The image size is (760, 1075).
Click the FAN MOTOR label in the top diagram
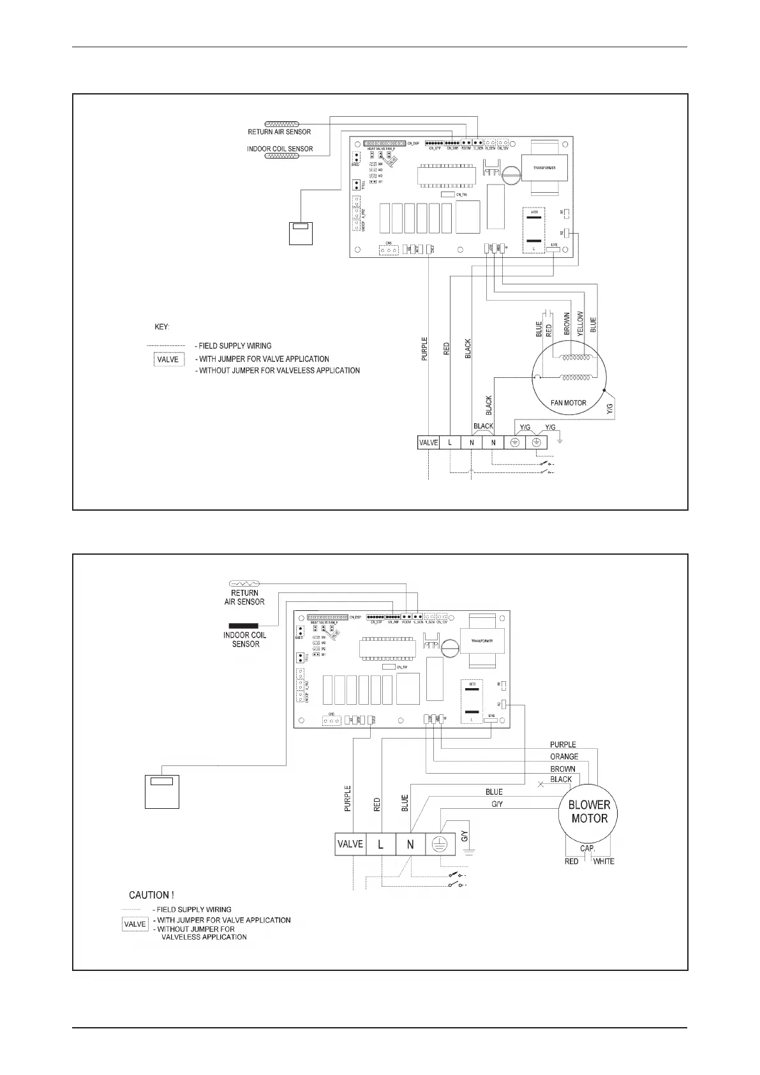point(568,403)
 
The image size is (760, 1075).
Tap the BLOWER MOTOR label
point(589,811)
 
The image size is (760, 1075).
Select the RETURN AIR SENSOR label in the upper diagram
point(279,132)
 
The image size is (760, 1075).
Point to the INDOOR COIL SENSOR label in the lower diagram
point(245,640)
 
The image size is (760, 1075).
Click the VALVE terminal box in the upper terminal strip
point(428,442)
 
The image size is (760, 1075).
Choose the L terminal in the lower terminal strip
point(380,844)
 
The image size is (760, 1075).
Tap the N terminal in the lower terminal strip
point(410,844)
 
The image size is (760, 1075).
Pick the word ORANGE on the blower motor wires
point(564,756)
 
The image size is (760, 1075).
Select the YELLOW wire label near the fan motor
point(580,324)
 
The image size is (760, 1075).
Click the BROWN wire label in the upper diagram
point(567,324)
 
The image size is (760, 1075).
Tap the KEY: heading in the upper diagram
point(162,327)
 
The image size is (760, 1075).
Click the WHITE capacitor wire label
point(604,861)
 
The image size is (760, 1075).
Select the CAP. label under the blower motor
point(588,848)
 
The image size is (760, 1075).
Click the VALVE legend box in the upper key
point(168,359)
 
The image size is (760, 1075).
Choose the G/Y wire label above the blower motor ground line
point(497,804)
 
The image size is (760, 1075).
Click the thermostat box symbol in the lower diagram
point(161,791)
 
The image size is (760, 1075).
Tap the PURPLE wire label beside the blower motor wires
point(563,744)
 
